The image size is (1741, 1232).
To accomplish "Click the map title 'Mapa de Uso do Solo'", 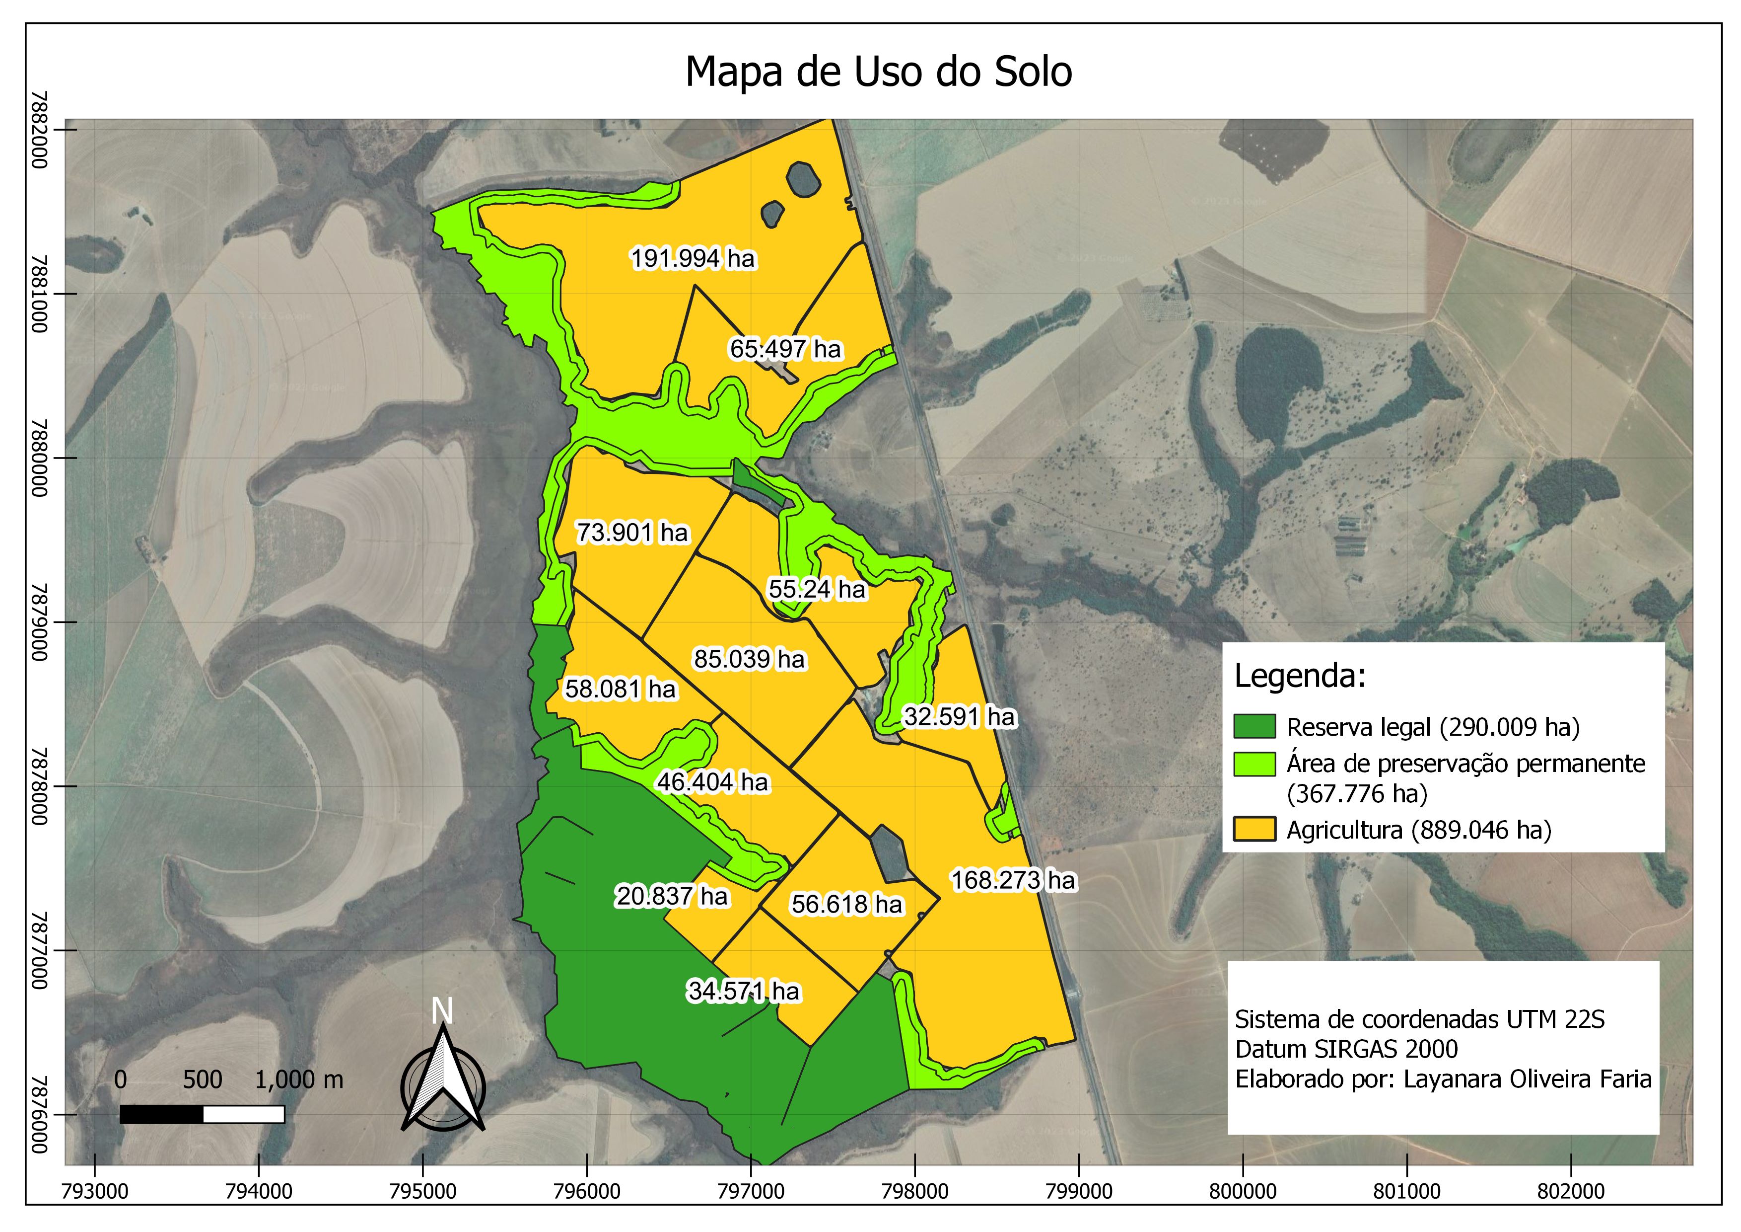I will pos(878,72).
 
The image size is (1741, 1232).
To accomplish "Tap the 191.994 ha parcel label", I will pos(693,259).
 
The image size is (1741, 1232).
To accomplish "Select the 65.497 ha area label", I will pos(785,349).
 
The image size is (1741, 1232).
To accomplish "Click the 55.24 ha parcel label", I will pos(817,590).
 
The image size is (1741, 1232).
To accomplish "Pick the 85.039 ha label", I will pos(749,659).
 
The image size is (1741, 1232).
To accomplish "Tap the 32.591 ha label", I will pos(959,717).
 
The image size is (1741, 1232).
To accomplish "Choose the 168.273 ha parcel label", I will pos(1013,881).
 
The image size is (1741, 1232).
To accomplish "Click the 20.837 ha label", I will pos(671,897).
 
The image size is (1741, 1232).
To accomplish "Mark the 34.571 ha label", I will pos(743,992).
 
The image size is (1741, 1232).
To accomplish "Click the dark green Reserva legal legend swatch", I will pos(1254,727).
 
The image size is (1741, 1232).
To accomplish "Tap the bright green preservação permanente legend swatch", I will pos(1254,764).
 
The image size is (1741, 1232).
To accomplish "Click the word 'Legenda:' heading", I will pos(1300,676).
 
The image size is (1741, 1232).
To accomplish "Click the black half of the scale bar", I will pos(161,1114).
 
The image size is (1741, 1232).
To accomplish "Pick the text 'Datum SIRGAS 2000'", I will pos(1346,1049).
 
